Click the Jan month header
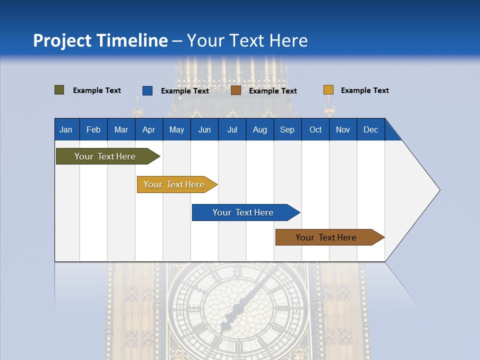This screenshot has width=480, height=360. [x=66, y=129]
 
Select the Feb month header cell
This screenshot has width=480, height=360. [x=93, y=129]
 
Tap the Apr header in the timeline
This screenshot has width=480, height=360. [x=148, y=129]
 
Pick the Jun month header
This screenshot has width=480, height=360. [x=204, y=129]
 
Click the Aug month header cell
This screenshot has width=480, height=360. [x=259, y=129]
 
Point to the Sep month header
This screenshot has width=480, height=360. [x=287, y=129]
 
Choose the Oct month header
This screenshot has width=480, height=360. [x=315, y=129]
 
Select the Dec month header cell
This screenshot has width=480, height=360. [x=370, y=129]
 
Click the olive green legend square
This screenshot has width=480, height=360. [x=59, y=90]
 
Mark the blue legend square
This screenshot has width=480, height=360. [x=147, y=90]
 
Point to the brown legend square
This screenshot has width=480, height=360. [x=236, y=90]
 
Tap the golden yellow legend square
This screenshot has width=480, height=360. [x=328, y=90]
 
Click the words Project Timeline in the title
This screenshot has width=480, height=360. [x=100, y=40]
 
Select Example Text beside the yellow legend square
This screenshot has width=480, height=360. [x=364, y=90]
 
